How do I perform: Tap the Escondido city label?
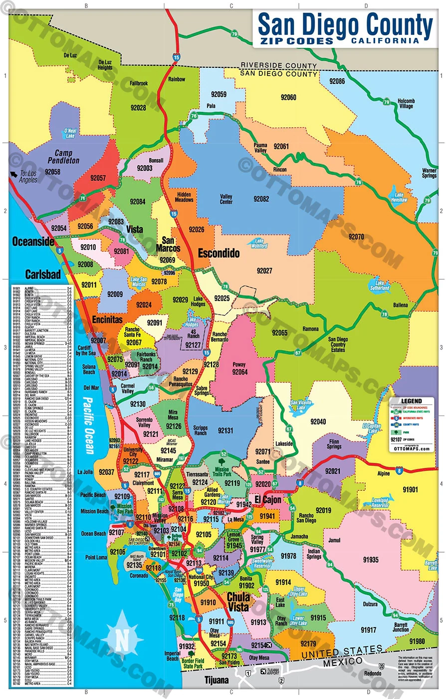coord(219,253)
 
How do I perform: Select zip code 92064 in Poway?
coord(239,371)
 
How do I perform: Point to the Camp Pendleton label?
coord(63,157)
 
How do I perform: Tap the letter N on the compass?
coord(122,639)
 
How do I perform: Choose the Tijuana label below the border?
coord(217,680)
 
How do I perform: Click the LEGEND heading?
coord(412,401)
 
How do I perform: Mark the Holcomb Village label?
coord(406,104)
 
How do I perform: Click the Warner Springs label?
coord(429,173)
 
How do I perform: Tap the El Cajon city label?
coord(268,499)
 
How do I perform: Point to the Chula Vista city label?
coord(238,602)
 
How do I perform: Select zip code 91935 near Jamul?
coord(371,560)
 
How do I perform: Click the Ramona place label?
coord(311,330)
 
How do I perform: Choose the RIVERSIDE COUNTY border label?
coord(278,66)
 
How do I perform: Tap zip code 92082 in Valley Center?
coord(261,199)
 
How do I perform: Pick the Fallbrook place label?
coord(139,83)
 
